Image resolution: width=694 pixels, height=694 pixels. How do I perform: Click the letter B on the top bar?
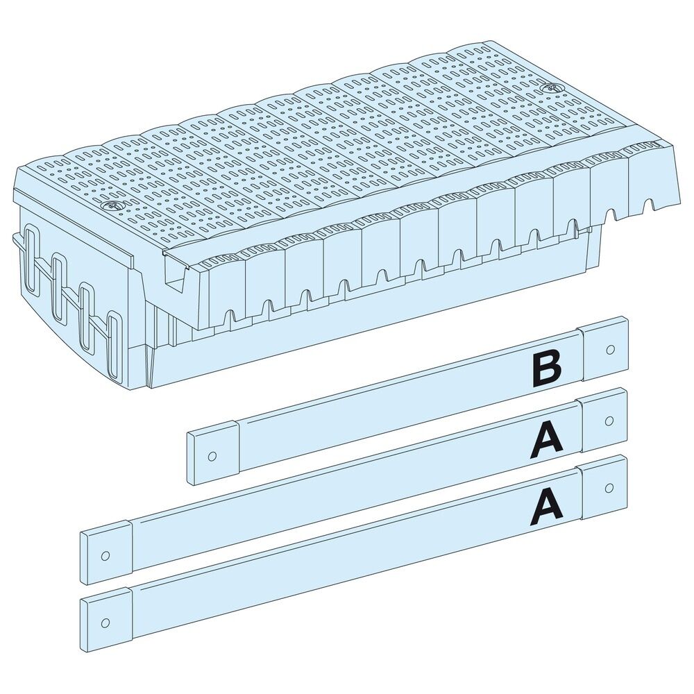[x=546, y=369]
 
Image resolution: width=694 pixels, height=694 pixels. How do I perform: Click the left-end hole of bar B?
[x=212, y=456]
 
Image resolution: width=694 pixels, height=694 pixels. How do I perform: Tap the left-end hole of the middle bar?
[x=105, y=555]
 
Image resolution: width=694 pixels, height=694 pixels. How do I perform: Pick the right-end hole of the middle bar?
[x=609, y=421]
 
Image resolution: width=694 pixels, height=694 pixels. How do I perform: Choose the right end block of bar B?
[x=605, y=350]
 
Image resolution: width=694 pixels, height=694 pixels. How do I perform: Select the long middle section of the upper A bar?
[x=333, y=493]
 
